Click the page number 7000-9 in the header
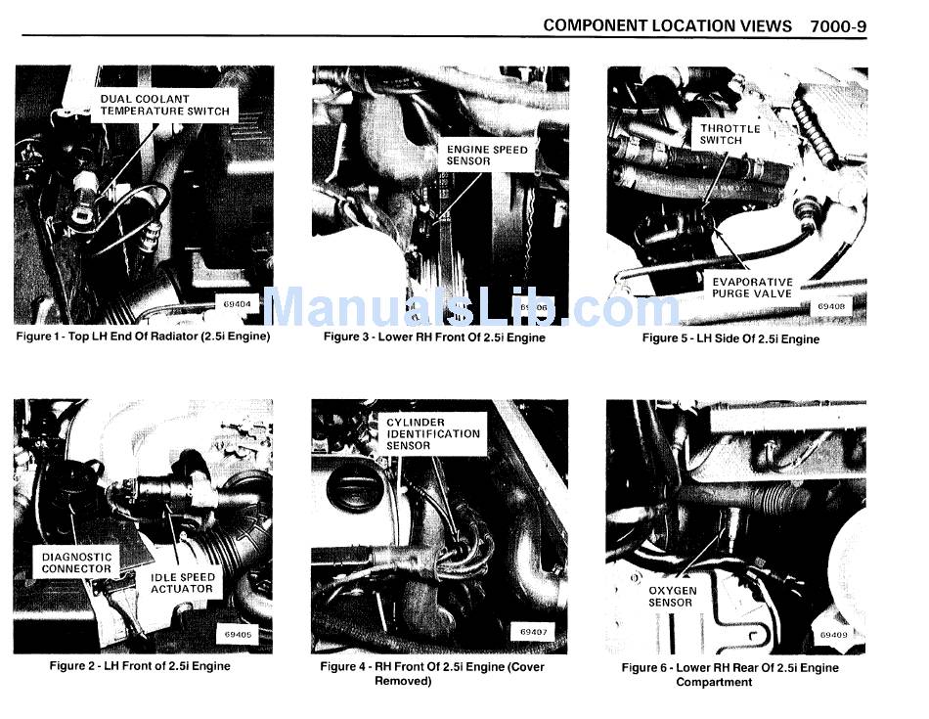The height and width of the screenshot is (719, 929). (838, 26)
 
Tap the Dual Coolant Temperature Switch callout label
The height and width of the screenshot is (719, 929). (164, 105)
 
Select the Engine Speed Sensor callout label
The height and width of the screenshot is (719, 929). (486, 156)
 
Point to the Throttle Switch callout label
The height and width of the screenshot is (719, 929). (730, 134)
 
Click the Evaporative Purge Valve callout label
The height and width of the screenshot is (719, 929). (752, 288)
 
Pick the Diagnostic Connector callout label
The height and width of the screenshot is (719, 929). (76, 562)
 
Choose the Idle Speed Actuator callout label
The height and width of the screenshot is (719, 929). (182, 583)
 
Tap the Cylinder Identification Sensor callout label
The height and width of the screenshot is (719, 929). (432, 434)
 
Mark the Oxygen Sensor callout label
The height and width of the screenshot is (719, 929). (672, 597)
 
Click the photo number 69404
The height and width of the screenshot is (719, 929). (237, 304)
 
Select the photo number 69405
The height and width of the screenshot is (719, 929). (238, 634)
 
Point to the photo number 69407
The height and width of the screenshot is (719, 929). (533, 632)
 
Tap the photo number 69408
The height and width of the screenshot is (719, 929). (830, 306)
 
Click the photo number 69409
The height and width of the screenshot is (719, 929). (833, 635)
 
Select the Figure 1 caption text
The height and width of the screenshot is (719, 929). (143, 337)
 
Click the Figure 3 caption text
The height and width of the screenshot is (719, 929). (434, 337)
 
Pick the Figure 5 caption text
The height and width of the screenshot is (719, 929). (731, 339)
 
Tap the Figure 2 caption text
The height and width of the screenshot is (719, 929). (140, 666)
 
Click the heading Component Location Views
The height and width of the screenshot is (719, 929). (667, 26)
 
